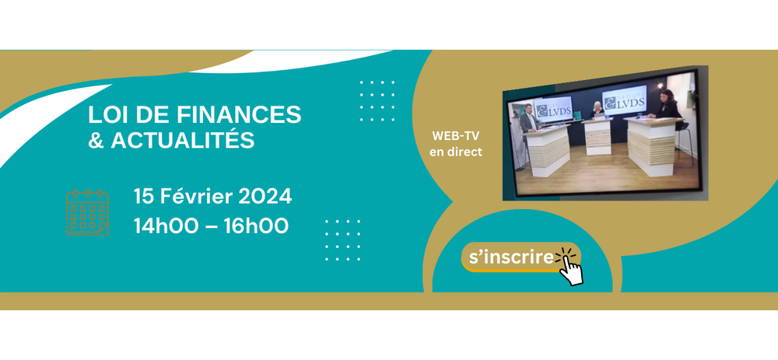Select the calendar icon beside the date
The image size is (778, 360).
(x=87, y=211)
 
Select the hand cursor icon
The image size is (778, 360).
(x=570, y=267)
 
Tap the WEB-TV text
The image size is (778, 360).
(x=455, y=135)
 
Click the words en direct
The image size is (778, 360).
(x=455, y=152)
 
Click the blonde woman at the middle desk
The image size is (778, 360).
(x=598, y=110)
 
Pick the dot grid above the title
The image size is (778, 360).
(x=377, y=101)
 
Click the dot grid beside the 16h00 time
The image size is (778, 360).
(x=342, y=240)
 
